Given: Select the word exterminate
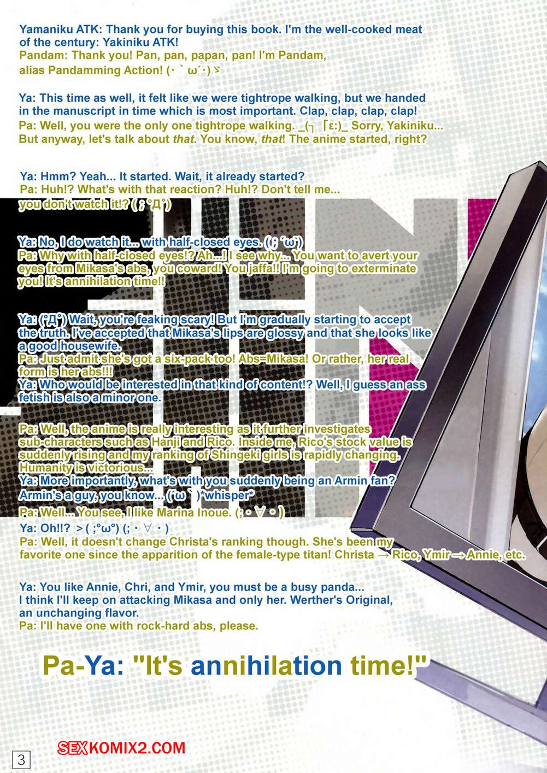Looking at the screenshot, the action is click(x=382, y=268).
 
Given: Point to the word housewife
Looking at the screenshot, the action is click(x=90, y=346).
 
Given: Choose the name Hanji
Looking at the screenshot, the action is click(x=166, y=442).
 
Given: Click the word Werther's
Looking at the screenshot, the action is click(x=316, y=600).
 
